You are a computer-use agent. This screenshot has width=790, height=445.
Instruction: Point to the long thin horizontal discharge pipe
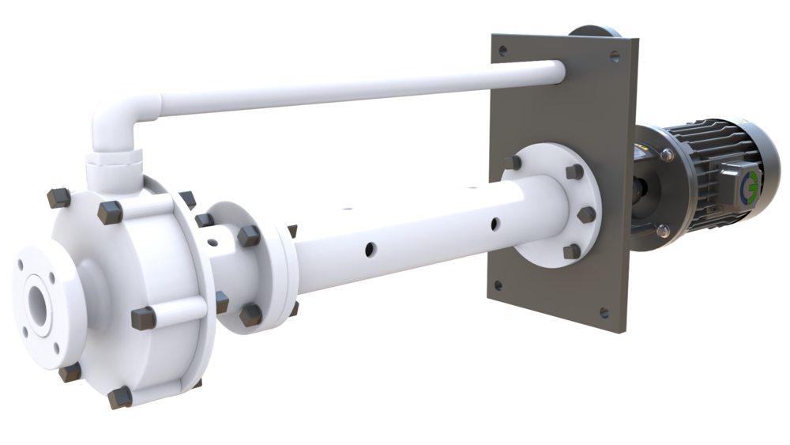coord(355,83)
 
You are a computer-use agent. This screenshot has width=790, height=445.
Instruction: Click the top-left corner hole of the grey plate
coord(502,50)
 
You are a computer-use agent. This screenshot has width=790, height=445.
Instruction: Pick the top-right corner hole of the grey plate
coord(614,57)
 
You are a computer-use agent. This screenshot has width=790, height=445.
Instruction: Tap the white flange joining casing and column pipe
coord(249,265)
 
